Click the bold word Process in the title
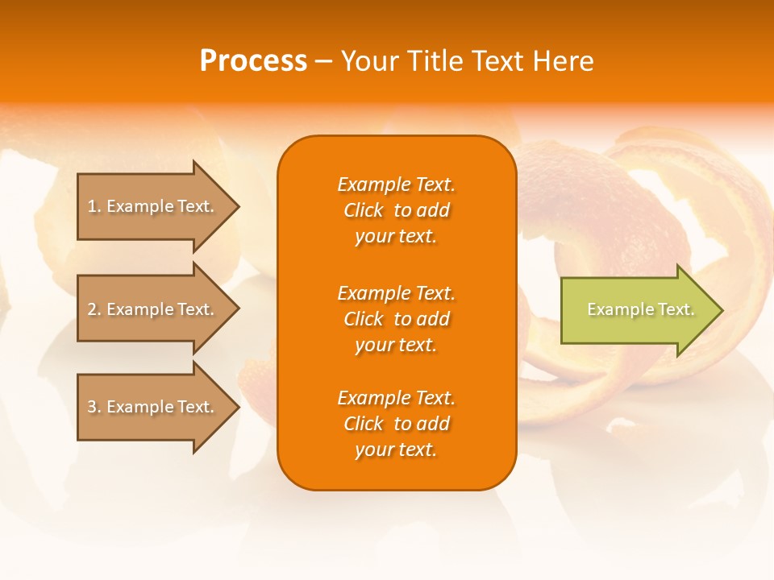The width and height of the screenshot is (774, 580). (253, 61)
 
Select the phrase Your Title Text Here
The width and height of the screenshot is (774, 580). (467, 61)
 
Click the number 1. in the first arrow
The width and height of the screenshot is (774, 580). (94, 206)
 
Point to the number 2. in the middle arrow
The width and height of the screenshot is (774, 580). (94, 309)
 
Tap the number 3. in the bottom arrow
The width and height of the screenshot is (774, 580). (94, 407)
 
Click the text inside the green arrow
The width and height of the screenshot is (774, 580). (640, 309)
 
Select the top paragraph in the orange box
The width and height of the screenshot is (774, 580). (396, 210)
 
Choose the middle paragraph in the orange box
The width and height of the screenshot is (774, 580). (396, 319)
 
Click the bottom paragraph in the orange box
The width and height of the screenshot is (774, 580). (396, 424)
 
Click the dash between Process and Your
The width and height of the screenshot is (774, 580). (323, 61)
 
